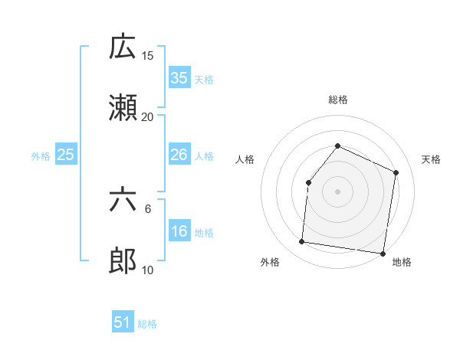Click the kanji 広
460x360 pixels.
(x=123, y=47)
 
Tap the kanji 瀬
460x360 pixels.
(x=123, y=108)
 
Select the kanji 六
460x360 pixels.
(x=123, y=201)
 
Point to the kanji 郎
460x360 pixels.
(x=123, y=261)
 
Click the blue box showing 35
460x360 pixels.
(x=179, y=77)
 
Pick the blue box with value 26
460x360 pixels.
(x=179, y=155)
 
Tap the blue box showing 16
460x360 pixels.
(x=179, y=231)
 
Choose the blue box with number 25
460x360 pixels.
(x=66, y=155)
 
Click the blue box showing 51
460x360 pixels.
(x=123, y=322)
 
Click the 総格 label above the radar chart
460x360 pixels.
(x=337, y=100)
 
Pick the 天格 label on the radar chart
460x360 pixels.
(x=432, y=159)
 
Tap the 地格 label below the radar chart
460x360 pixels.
(x=402, y=263)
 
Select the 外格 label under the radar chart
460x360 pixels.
(x=270, y=263)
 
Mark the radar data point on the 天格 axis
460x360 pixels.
(x=396, y=172)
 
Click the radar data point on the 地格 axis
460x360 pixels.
(x=383, y=254)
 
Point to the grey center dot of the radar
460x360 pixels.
(x=337, y=191)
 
